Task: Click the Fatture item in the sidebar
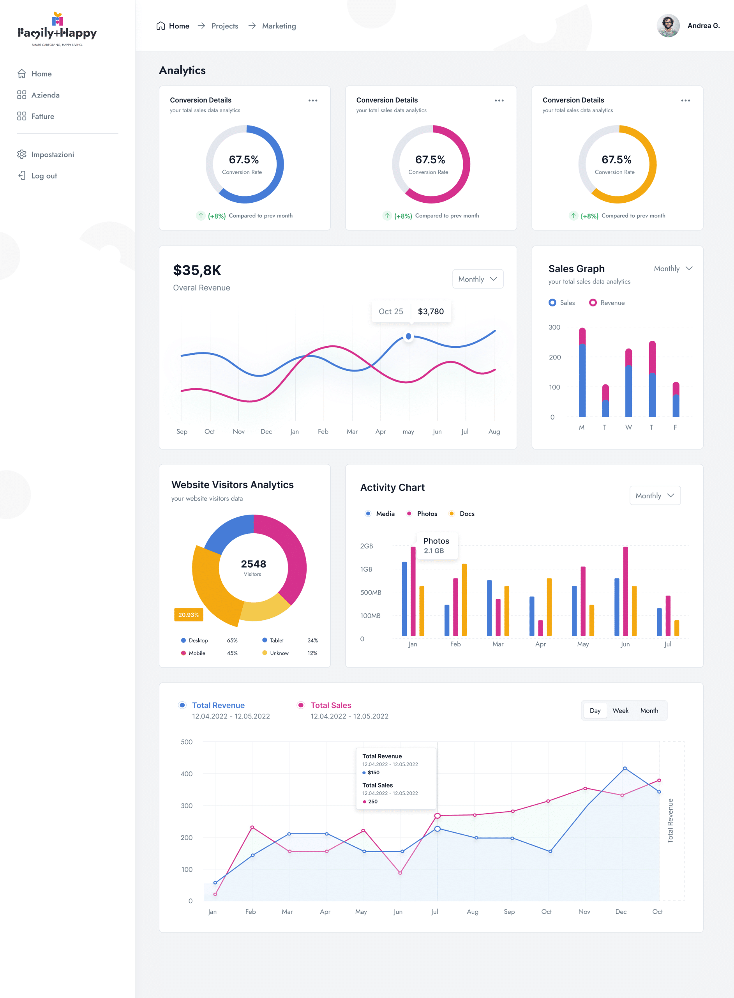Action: (x=42, y=117)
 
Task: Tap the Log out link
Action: (x=44, y=176)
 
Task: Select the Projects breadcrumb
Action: (x=224, y=26)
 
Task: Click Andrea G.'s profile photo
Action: (x=668, y=26)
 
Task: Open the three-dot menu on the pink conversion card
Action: (x=499, y=101)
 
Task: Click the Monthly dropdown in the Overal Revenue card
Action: (x=478, y=279)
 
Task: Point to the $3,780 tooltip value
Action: (x=431, y=311)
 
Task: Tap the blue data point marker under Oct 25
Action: (x=408, y=336)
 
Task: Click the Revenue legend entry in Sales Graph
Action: (x=607, y=303)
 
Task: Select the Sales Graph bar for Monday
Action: (x=582, y=373)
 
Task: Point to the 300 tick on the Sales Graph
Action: (x=554, y=327)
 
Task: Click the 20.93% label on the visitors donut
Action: (x=189, y=615)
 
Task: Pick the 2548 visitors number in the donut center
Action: (x=253, y=564)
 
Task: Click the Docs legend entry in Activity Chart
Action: (x=466, y=514)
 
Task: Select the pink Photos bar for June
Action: (x=625, y=591)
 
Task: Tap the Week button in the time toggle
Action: (x=620, y=711)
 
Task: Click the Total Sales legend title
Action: (x=330, y=706)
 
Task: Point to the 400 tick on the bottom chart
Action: (x=187, y=774)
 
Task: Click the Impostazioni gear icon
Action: (x=21, y=154)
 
